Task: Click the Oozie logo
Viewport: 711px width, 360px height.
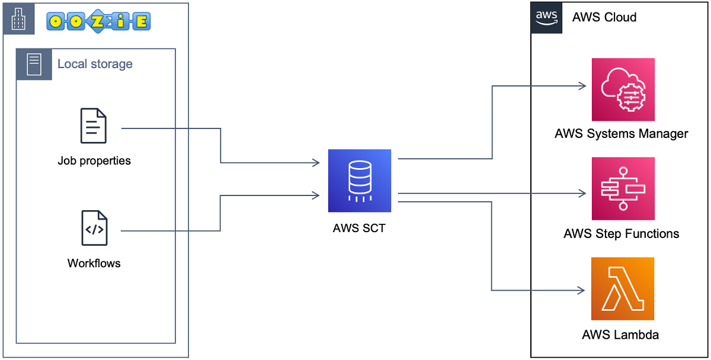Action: [x=98, y=21]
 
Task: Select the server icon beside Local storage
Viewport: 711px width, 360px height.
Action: [x=34, y=64]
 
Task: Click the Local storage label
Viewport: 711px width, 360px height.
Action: [x=95, y=64]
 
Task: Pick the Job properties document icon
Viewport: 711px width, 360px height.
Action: [x=94, y=126]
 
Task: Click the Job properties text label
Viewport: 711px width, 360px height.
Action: [x=94, y=160]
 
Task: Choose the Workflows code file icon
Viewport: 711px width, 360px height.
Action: [x=94, y=228]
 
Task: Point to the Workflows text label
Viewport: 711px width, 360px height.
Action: [x=94, y=263]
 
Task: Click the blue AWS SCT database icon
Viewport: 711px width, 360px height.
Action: [x=360, y=181]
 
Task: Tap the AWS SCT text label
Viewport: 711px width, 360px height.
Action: [x=359, y=228]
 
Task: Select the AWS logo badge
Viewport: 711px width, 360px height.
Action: [x=546, y=18]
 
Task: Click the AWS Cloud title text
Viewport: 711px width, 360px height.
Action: [x=604, y=17]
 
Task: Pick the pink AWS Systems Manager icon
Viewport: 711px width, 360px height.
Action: [x=623, y=89]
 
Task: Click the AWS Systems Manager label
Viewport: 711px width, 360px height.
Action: [x=622, y=133]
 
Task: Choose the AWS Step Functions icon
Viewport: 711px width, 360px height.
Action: [x=623, y=188]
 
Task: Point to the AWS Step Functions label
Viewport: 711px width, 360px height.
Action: [x=622, y=233]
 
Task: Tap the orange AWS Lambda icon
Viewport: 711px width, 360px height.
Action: [x=623, y=288]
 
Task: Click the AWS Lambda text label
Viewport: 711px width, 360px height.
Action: [x=620, y=335]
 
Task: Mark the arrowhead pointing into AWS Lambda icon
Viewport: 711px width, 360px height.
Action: [x=581, y=290]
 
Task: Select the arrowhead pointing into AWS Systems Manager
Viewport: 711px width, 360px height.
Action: [x=581, y=86]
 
